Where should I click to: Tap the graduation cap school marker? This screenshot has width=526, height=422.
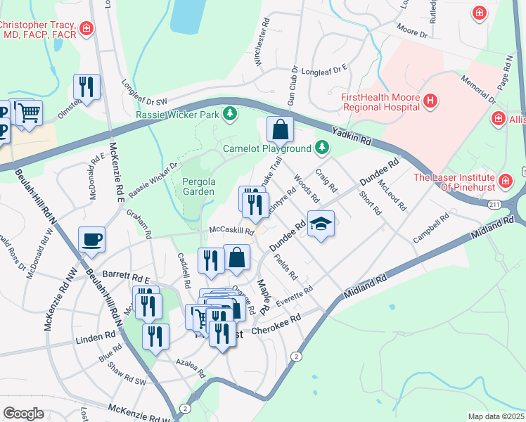321,224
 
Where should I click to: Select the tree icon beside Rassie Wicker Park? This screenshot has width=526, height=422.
229,113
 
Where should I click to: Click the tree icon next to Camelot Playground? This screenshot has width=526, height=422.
321,148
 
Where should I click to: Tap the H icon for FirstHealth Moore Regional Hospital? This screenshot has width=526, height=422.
431,102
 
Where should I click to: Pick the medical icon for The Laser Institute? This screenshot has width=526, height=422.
504,182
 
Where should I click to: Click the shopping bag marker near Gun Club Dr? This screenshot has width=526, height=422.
280,129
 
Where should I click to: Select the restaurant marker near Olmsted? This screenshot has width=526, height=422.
86,87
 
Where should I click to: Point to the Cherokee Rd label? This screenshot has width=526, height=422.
276,323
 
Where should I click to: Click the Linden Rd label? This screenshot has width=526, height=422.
95,340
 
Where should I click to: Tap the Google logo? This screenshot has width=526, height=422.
23,413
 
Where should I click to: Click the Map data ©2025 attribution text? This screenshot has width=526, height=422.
496,416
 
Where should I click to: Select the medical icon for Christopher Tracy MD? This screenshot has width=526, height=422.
86,29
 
